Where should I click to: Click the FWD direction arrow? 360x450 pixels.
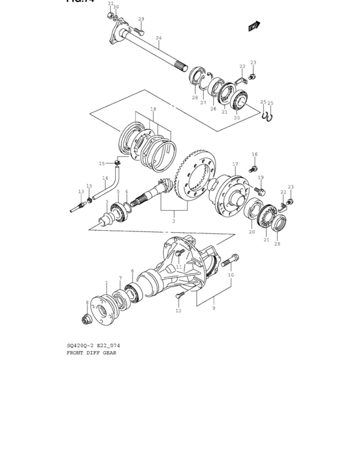[255, 26]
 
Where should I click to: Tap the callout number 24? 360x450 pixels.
[158, 38]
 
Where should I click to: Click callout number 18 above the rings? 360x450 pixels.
[153, 109]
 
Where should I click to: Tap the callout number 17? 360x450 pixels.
[235, 164]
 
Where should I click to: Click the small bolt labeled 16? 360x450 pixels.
[254, 168]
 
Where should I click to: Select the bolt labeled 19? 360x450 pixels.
[260, 191]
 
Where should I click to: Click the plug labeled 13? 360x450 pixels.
[78, 207]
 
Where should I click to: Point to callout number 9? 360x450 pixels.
[213, 308]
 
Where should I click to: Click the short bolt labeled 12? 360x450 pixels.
[180, 295]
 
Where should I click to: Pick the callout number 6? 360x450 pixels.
[132, 271]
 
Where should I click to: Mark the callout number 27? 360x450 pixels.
[203, 103]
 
